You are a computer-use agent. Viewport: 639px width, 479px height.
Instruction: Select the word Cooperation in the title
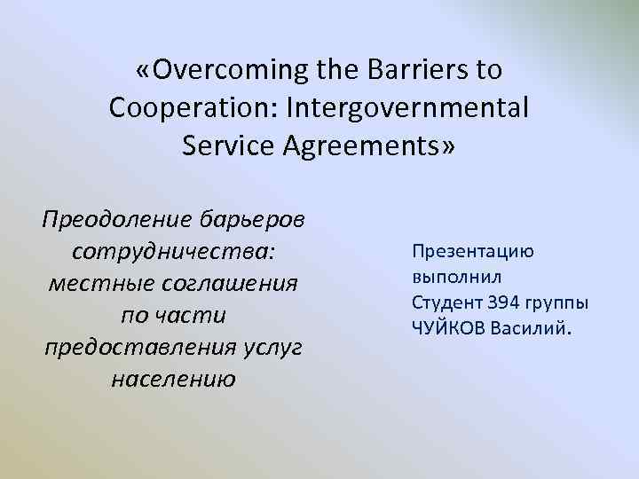coord(187,107)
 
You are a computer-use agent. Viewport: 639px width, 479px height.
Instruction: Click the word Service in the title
coord(230,145)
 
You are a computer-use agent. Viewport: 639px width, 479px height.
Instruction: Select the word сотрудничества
coord(173,253)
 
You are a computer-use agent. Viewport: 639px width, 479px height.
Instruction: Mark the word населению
coord(173,381)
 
